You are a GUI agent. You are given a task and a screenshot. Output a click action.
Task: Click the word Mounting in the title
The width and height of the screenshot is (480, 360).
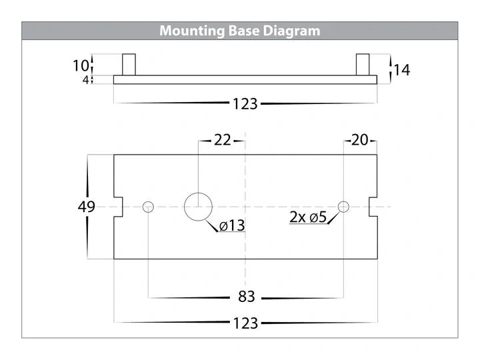(x=192, y=31)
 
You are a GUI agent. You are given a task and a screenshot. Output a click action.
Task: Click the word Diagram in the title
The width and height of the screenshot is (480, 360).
(x=291, y=31)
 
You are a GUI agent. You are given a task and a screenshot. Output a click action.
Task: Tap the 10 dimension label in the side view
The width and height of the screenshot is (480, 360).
(x=81, y=66)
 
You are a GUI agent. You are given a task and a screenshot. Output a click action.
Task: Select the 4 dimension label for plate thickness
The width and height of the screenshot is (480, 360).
(x=86, y=80)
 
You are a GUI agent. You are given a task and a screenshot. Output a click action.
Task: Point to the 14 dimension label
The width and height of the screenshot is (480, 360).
(x=402, y=70)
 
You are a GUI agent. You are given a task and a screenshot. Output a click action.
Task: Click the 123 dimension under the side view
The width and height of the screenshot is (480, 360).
(x=245, y=104)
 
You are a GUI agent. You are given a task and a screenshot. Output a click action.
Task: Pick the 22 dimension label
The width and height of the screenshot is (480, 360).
(x=222, y=140)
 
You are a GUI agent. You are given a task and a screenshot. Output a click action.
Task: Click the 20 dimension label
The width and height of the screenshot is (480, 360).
(x=360, y=140)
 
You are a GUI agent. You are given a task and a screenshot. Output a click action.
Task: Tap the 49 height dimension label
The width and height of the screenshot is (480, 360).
(x=87, y=207)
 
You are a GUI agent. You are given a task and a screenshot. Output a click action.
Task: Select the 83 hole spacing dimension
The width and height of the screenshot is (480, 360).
(x=247, y=297)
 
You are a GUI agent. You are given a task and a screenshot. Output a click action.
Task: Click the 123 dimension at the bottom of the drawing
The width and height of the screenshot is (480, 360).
(x=245, y=323)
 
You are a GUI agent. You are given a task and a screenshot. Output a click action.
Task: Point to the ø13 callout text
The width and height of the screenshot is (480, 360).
(x=233, y=226)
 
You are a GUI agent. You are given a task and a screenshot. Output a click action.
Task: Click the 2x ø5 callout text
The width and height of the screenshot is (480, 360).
(x=308, y=217)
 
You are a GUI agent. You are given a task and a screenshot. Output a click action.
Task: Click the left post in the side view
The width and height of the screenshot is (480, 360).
(x=129, y=65)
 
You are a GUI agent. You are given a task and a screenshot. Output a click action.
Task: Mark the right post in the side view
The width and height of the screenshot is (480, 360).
(x=363, y=65)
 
